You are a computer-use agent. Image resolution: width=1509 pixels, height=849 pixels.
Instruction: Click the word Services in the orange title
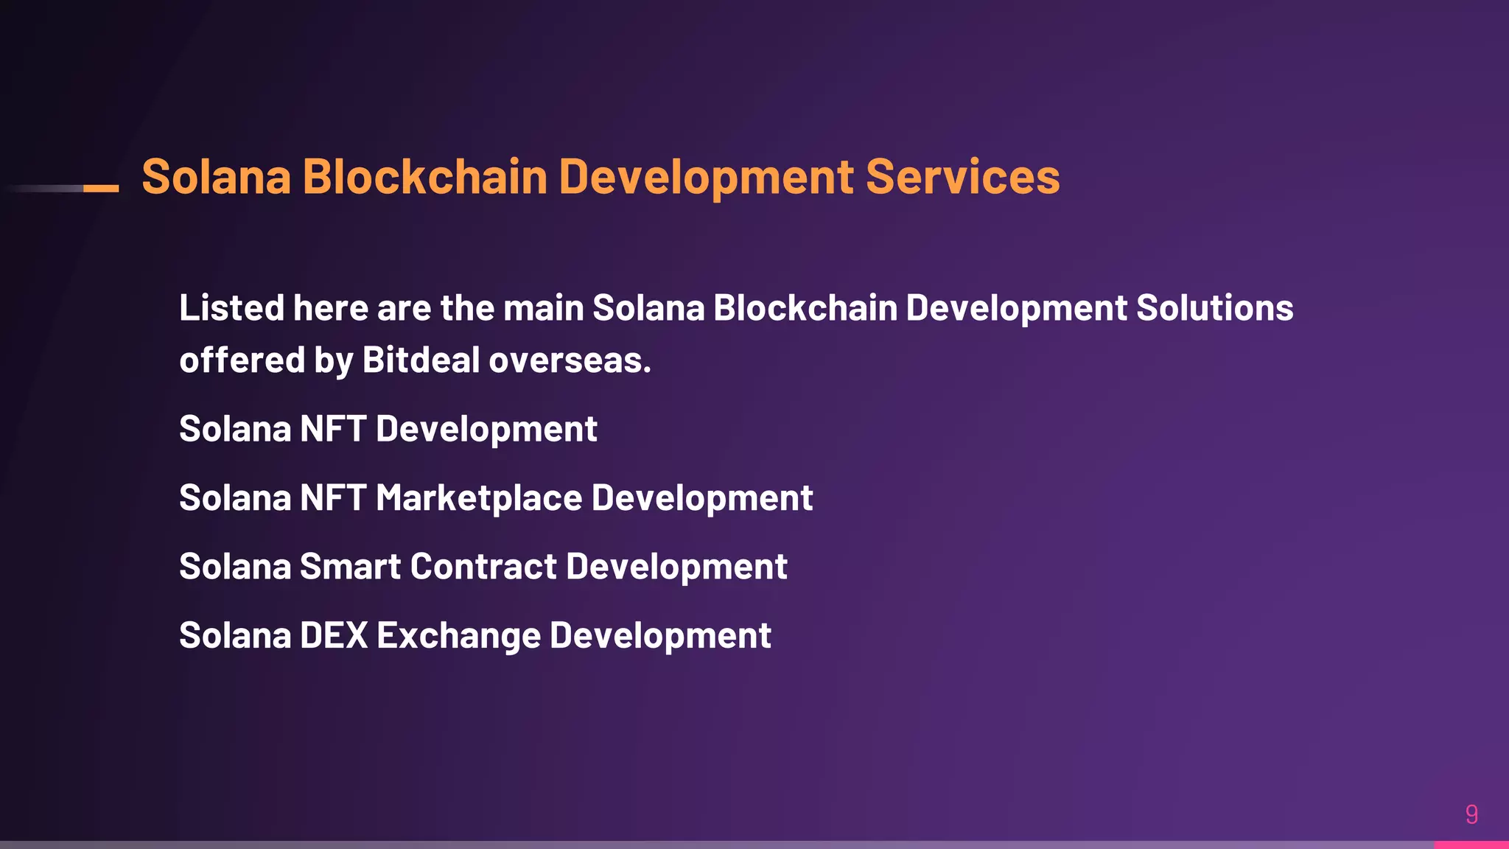(x=962, y=178)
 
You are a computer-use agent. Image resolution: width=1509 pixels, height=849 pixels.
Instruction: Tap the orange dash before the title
(x=101, y=189)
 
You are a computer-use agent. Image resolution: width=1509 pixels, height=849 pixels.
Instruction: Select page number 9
(x=1471, y=814)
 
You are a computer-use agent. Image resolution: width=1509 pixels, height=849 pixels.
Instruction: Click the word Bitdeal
(x=421, y=360)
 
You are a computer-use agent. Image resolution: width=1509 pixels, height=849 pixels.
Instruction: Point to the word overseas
(x=570, y=360)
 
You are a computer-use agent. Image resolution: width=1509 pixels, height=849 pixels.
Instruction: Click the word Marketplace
(x=479, y=498)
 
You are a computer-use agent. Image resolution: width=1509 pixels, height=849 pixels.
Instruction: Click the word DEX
(x=333, y=635)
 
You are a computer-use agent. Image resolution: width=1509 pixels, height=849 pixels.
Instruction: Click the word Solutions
(x=1214, y=308)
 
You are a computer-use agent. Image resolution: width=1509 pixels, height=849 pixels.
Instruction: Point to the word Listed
(x=231, y=308)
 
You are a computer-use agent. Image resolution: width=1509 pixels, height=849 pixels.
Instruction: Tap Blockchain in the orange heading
(x=424, y=178)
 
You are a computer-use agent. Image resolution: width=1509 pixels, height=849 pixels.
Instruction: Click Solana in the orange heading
(x=216, y=178)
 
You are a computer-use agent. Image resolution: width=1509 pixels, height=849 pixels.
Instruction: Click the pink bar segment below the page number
(x=1471, y=845)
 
